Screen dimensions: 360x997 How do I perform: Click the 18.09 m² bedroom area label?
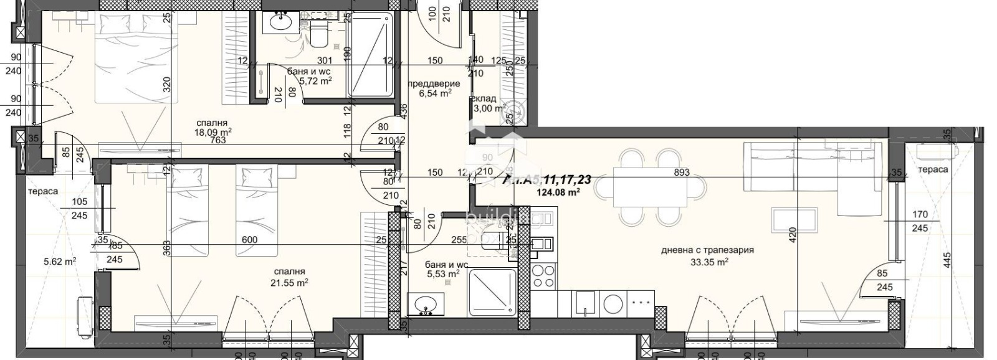click(x=214, y=132)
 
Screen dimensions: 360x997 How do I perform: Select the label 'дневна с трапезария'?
click(x=708, y=250)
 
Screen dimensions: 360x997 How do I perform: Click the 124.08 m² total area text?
click(x=558, y=192)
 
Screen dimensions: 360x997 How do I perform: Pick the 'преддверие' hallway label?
click(x=434, y=83)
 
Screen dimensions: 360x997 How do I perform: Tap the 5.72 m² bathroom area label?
click(x=315, y=81)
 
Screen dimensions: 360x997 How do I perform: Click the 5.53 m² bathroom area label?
click(x=442, y=273)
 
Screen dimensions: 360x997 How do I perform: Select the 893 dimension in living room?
click(x=682, y=173)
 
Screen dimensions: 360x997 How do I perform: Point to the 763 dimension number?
click(x=217, y=141)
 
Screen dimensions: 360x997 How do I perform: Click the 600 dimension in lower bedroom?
click(x=249, y=240)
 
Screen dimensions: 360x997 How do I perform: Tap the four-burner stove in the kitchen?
click(x=543, y=275)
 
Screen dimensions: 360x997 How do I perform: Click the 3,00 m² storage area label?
click(x=489, y=108)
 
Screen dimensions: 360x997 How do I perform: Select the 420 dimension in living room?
click(x=793, y=234)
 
